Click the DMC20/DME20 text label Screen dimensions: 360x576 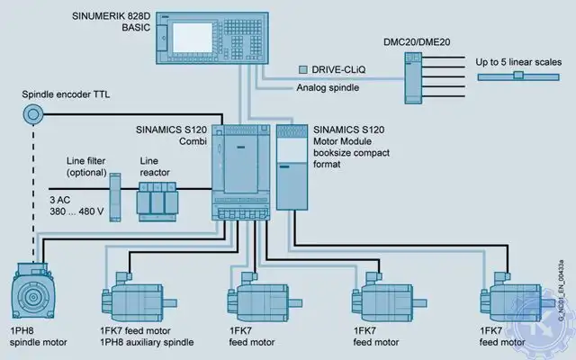pyautogui.click(x=416, y=42)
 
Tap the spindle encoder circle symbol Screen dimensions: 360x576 pyautogui.click(x=34, y=114)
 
